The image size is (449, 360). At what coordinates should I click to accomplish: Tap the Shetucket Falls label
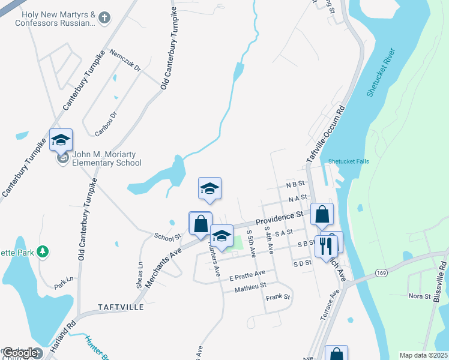348,161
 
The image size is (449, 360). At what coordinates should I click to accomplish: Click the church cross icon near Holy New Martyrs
104,18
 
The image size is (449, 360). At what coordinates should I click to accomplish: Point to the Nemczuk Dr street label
125,61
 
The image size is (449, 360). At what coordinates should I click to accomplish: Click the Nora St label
419,296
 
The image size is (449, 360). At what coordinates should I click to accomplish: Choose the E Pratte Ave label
247,275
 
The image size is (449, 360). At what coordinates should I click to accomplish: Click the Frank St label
278,297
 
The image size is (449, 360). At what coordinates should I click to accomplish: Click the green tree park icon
43,251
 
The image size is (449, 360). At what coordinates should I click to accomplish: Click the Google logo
19,353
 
